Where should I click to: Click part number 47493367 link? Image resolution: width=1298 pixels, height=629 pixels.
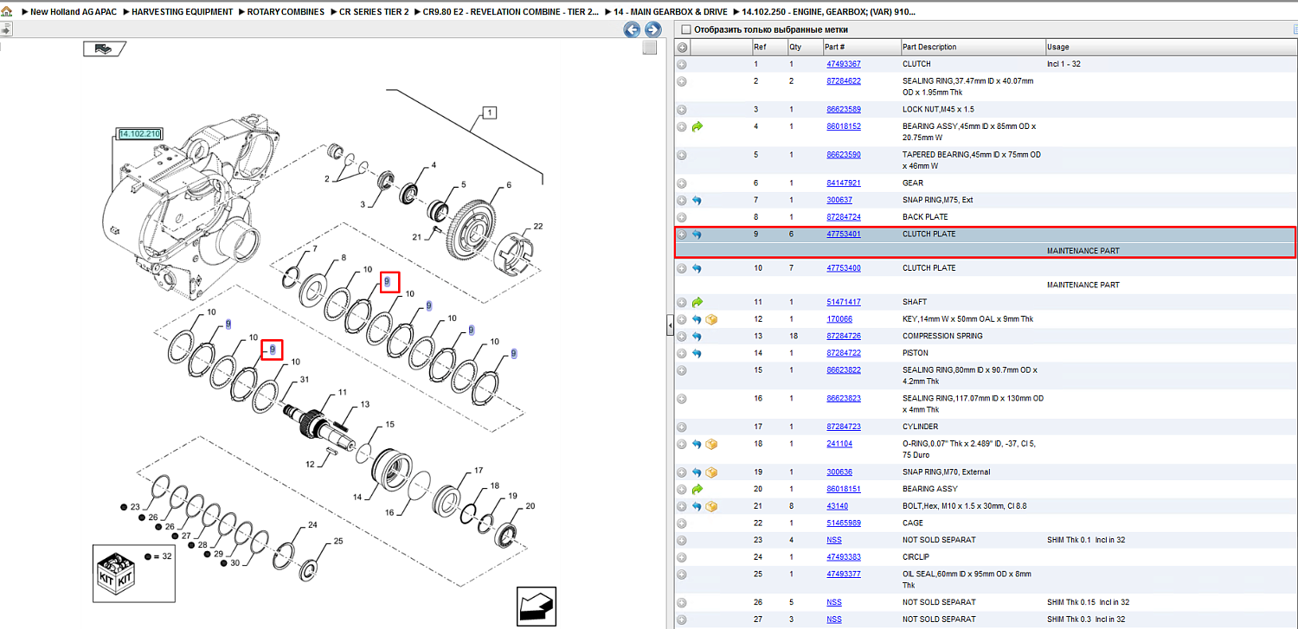(843, 64)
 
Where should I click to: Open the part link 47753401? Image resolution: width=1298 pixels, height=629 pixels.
(843, 234)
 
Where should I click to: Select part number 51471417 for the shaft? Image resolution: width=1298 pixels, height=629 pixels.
(843, 302)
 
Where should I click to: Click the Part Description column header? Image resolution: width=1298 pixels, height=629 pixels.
(929, 47)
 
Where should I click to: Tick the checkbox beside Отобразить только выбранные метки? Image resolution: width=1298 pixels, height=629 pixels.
(686, 29)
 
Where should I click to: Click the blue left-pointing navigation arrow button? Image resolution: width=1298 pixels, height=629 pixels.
(632, 29)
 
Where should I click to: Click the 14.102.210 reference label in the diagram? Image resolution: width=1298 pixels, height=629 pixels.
(139, 134)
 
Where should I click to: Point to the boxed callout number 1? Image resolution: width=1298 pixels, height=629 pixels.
(490, 112)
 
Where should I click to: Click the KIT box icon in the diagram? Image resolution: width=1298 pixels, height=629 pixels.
(117, 574)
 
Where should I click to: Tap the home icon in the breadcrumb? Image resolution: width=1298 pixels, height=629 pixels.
(7, 11)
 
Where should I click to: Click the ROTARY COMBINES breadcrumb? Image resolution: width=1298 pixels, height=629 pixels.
(286, 11)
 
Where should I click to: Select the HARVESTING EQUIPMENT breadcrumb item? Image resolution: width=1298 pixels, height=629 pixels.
(182, 11)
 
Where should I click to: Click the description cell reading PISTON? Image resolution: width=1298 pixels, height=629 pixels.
(915, 353)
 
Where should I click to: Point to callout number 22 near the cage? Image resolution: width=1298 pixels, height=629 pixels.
(538, 226)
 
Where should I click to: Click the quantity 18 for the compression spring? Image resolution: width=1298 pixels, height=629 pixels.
(794, 336)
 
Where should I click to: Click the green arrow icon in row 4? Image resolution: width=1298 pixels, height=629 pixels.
(697, 126)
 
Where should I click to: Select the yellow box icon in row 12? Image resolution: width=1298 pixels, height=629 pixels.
(711, 319)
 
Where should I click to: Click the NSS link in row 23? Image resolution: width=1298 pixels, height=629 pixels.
(834, 540)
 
